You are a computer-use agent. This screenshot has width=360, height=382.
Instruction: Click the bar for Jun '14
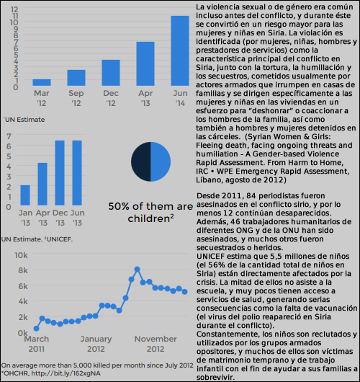pyautogui.click(x=180, y=50)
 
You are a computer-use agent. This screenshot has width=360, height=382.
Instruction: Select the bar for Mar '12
pyautogui.click(x=42, y=82)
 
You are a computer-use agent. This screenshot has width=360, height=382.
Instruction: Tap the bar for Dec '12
pyautogui.click(x=111, y=73)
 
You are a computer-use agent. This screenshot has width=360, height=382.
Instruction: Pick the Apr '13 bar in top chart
pyautogui.click(x=145, y=63)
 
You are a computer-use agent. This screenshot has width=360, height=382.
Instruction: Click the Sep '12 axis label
pyautogui.click(x=76, y=98)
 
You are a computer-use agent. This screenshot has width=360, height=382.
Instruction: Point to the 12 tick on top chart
pyautogui.click(x=14, y=9)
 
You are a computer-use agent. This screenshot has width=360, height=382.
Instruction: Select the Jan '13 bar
pyautogui.click(x=25, y=195)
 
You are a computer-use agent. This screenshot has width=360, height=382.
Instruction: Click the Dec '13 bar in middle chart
pyautogui.click(x=60, y=173)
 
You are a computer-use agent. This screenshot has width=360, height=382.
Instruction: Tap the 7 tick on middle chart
pyautogui.click(x=9, y=136)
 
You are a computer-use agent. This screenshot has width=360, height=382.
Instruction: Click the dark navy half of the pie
pyautogui.click(x=141, y=161)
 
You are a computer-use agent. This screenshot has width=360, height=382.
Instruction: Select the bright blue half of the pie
pyautogui.click(x=160, y=161)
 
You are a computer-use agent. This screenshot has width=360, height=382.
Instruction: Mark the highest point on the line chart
pyautogui.click(x=137, y=270)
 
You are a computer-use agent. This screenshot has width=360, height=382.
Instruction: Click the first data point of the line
pyautogui.click(x=36, y=329)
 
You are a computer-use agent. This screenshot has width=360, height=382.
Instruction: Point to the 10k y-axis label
pyautogui.click(x=21, y=255)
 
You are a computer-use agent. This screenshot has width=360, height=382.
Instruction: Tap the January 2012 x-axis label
pyautogui.click(x=96, y=344)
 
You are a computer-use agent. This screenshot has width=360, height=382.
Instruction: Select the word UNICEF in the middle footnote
pyautogui.click(x=59, y=239)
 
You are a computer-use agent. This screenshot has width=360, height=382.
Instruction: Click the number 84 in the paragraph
pyautogui.click(x=251, y=195)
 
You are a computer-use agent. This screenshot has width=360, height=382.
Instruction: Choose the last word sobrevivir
pyautogui.click(x=215, y=378)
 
